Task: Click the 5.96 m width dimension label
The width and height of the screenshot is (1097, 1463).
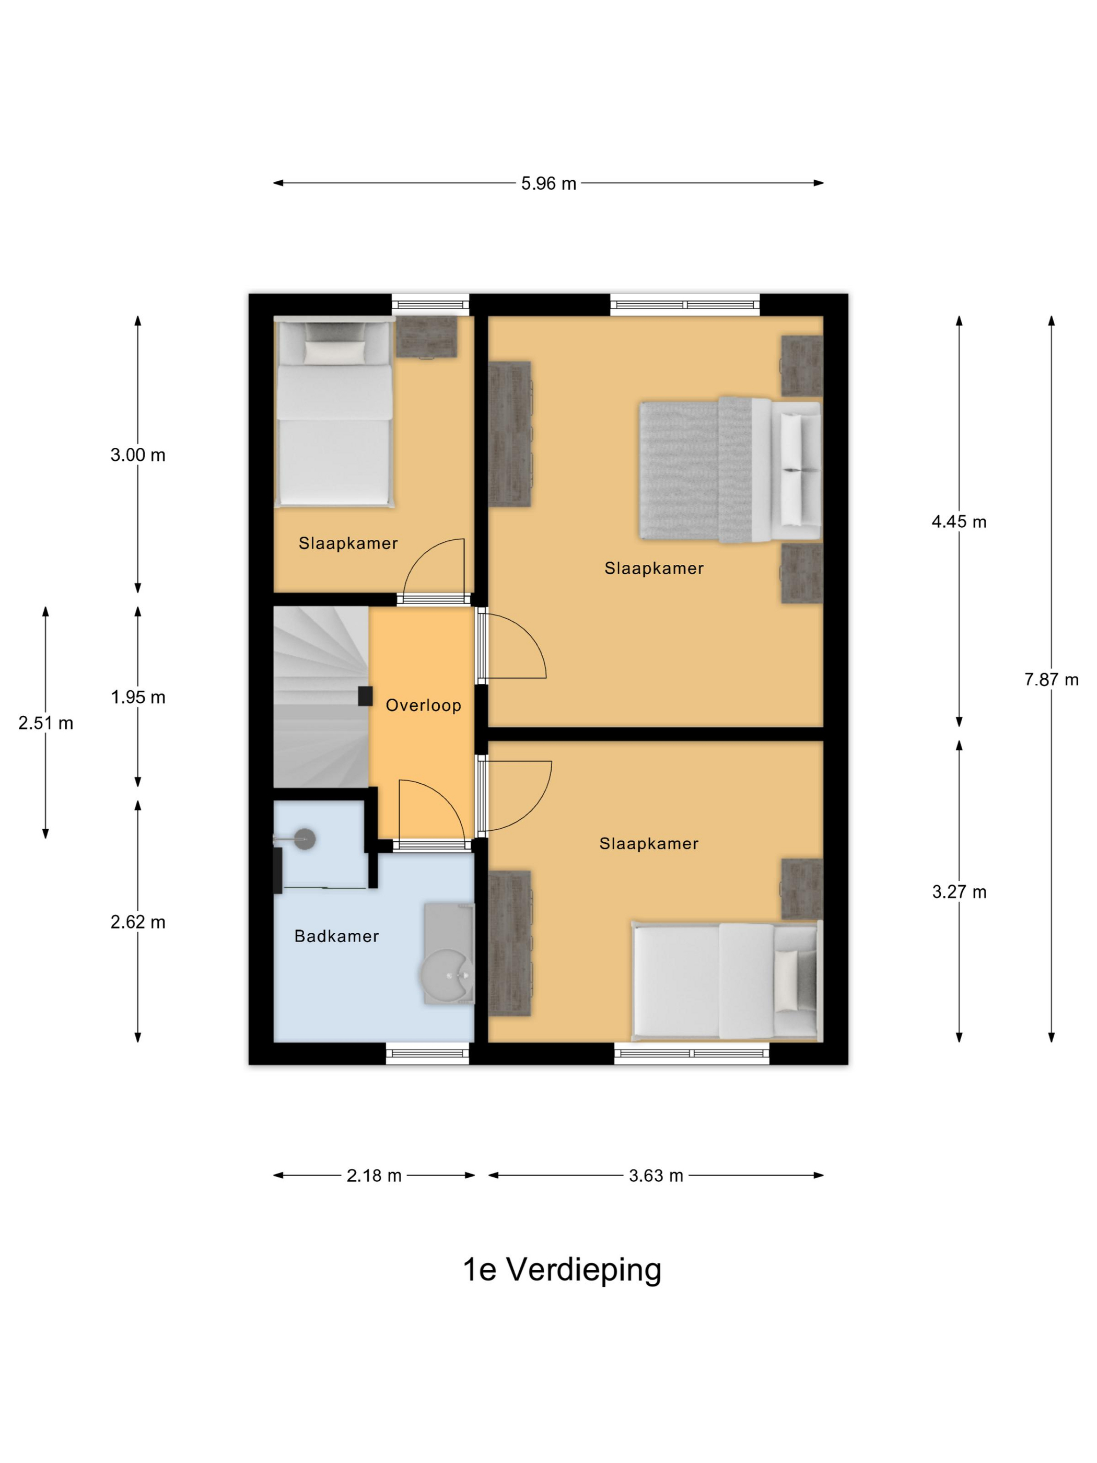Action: [548, 183]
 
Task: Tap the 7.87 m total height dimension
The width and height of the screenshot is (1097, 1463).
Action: [1051, 679]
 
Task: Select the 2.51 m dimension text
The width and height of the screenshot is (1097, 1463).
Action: [45, 723]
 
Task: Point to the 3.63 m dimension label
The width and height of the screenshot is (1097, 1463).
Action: [655, 1175]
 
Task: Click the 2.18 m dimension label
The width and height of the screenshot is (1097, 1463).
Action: [374, 1175]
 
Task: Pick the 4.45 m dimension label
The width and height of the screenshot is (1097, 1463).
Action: [959, 522]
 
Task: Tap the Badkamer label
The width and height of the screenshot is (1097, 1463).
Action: [336, 936]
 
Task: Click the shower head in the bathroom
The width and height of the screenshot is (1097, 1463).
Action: [304, 839]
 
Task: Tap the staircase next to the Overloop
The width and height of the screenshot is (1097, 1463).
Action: [321, 697]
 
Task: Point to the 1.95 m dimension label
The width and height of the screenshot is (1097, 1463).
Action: [137, 697]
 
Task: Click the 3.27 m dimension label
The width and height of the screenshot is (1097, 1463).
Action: [959, 892]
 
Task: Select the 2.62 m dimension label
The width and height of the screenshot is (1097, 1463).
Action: [137, 922]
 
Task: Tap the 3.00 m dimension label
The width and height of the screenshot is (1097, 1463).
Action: [137, 455]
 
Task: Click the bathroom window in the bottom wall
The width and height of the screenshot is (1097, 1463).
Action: [427, 1054]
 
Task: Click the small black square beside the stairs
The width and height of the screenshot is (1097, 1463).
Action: [365, 696]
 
